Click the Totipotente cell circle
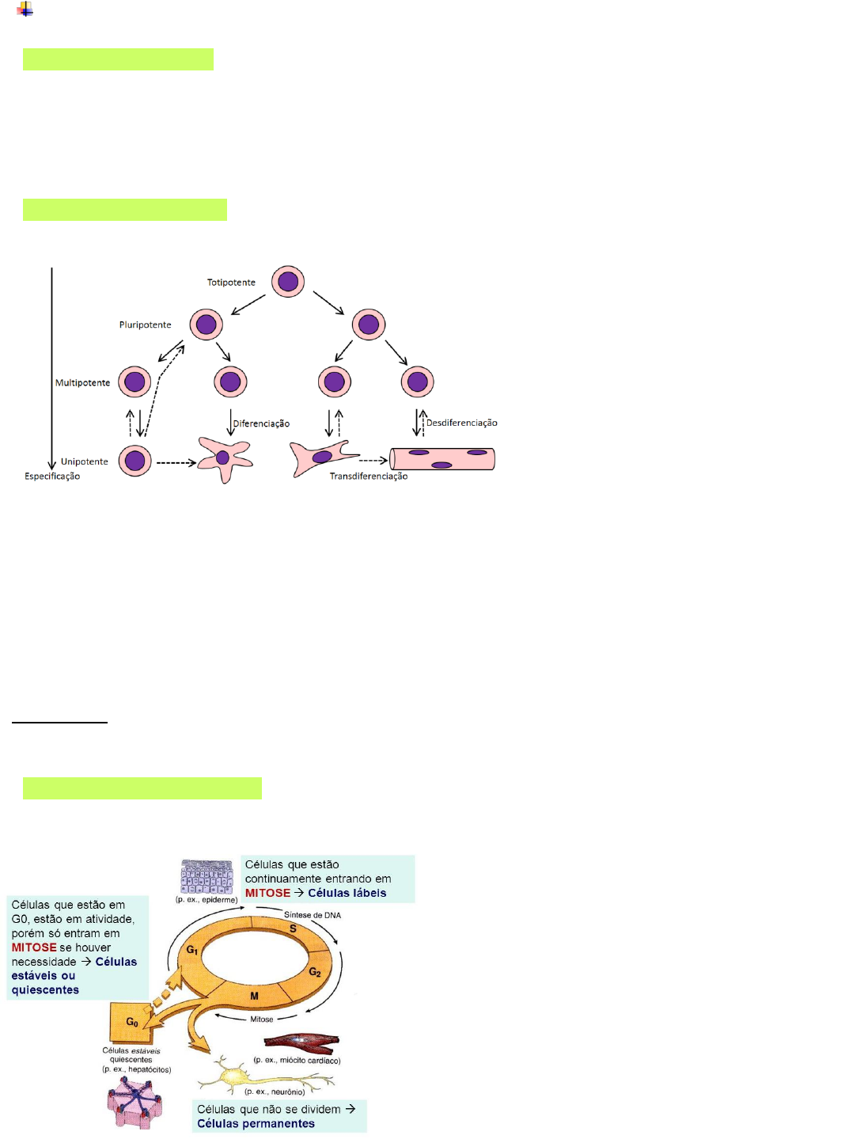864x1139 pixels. pyautogui.click(x=288, y=282)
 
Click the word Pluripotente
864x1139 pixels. pyautogui.click(x=145, y=325)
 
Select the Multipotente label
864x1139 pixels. pyautogui.click(x=82, y=383)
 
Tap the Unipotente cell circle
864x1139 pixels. pyautogui.click(x=135, y=461)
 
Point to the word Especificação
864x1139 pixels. pyautogui.click(x=52, y=476)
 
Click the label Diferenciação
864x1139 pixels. pyautogui.click(x=261, y=424)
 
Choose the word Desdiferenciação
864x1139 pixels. pyautogui.click(x=462, y=423)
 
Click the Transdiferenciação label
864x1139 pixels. pyautogui.click(x=369, y=476)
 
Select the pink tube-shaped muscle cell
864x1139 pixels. pyautogui.click(x=442, y=459)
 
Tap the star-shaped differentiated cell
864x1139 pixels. pyautogui.click(x=224, y=458)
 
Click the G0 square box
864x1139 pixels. pyautogui.click(x=131, y=1023)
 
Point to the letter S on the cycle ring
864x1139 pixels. pyautogui.click(x=293, y=929)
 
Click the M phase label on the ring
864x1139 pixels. pyautogui.click(x=254, y=996)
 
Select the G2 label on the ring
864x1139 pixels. pyautogui.click(x=315, y=972)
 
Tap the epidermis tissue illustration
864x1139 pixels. pyautogui.click(x=207, y=877)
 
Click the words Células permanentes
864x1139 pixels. pyautogui.click(x=256, y=1124)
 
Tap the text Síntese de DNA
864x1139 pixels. pyautogui.click(x=313, y=915)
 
